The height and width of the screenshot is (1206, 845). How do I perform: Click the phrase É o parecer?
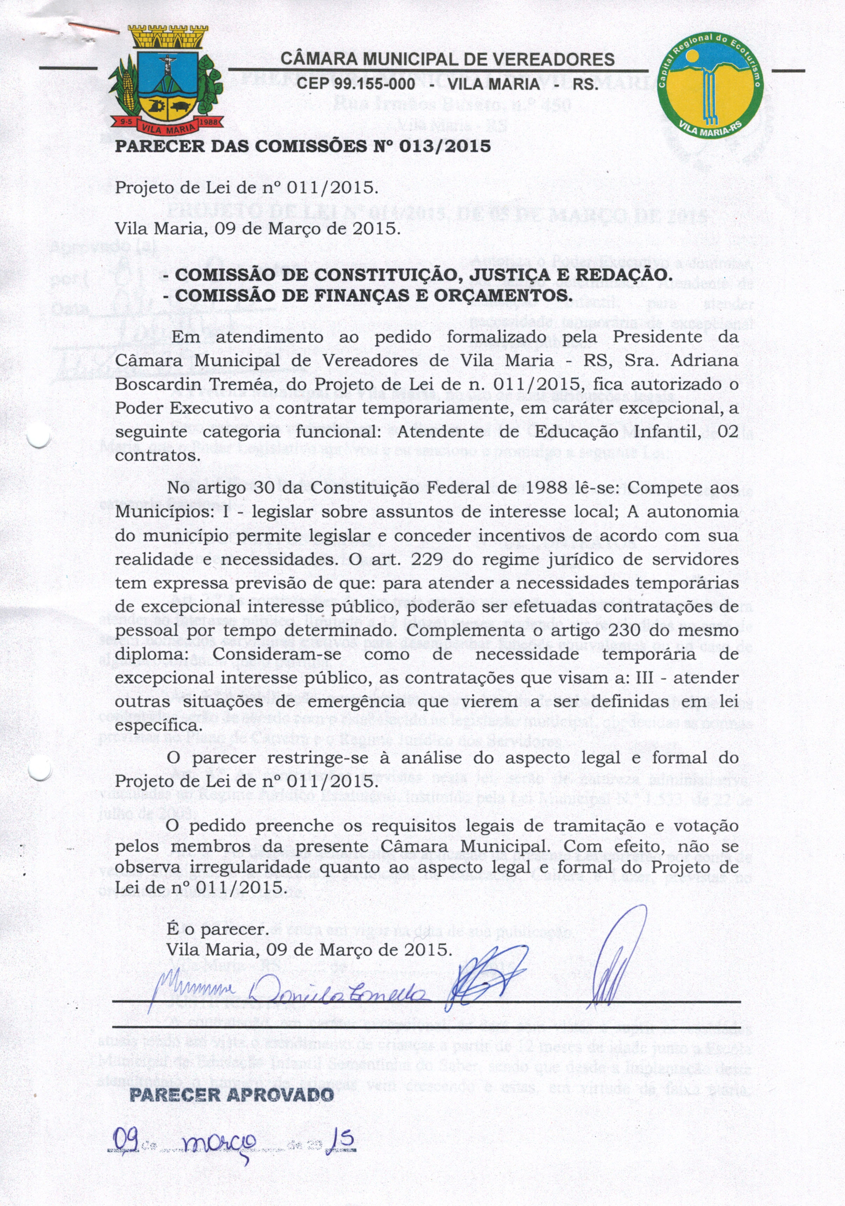(217, 930)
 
